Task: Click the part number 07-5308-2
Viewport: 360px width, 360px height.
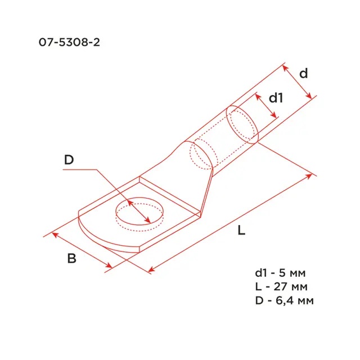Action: [x=69, y=43]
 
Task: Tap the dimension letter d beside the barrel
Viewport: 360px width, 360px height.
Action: [x=304, y=74]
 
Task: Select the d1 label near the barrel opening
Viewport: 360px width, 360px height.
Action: [x=276, y=98]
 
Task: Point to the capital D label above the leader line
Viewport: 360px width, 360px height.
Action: [x=69, y=160]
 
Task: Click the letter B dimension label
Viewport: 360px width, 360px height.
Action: [x=71, y=259]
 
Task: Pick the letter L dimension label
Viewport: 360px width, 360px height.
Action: [x=241, y=230]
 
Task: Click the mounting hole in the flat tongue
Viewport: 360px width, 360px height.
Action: [x=139, y=211]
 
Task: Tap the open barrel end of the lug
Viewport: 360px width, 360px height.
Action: [x=242, y=125]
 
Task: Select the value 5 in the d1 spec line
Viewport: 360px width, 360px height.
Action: [x=282, y=273]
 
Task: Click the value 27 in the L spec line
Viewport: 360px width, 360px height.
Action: [x=281, y=287]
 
